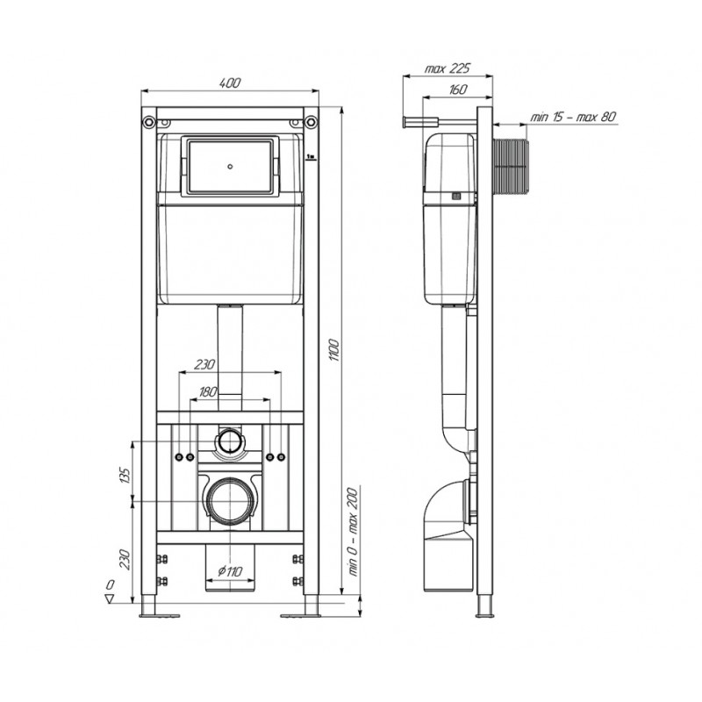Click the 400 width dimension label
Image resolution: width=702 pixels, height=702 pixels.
[x=230, y=82]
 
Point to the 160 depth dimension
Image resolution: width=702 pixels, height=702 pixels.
[x=456, y=89]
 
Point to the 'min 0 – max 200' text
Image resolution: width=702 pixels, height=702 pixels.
[x=355, y=535]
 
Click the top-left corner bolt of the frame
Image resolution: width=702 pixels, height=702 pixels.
[x=150, y=118]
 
